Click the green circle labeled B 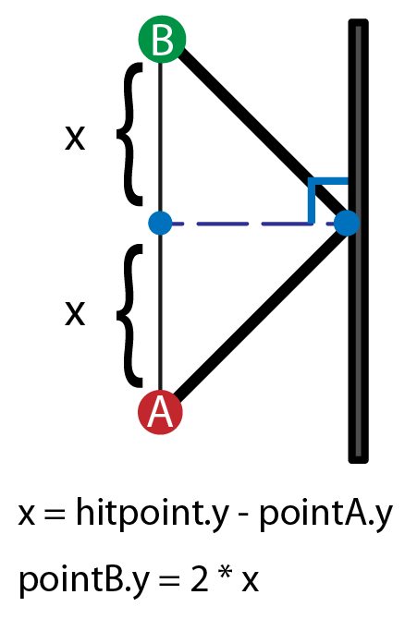click(162, 39)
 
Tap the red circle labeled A click(160, 412)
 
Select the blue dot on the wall click(347, 223)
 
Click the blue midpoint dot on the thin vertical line click(160, 223)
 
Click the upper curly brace click(129, 134)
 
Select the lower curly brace click(129, 316)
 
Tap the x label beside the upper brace click(75, 139)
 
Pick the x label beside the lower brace click(75, 314)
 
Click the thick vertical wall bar click(359, 241)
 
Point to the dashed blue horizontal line click(252, 224)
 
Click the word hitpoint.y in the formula click(153, 512)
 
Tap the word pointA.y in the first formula click(326, 513)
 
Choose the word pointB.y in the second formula click(84, 579)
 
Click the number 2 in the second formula click(199, 578)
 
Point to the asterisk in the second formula click(226, 573)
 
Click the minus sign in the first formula click(244, 516)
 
